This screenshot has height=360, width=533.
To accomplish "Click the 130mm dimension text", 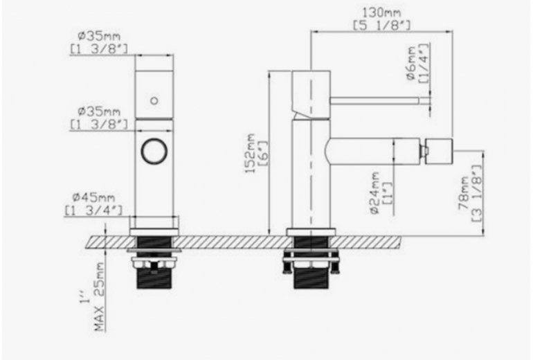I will click(379, 12).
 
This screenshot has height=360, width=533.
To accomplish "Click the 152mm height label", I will click(250, 154).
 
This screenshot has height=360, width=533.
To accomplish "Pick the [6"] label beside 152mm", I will click(262, 154).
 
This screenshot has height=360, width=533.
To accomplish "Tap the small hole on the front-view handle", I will click(154, 100).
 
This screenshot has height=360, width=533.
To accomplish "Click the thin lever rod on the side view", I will click(377, 100).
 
